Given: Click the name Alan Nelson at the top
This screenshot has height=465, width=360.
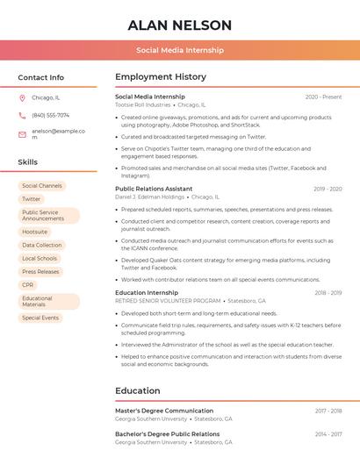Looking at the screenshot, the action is click(x=179, y=25).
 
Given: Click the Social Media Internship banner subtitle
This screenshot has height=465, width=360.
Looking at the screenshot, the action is click(x=179, y=50).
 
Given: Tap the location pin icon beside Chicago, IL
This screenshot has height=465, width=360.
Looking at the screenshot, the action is click(x=22, y=98).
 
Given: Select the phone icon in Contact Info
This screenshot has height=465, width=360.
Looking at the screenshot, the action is click(x=22, y=116).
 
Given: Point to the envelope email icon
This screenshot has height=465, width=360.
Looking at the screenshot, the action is click(x=22, y=134).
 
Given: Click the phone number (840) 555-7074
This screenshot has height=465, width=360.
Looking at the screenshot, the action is click(x=50, y=116).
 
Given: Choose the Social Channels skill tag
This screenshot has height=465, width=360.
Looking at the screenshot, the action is click(x=42, y=186).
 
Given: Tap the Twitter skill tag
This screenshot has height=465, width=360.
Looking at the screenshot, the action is click(x=31, y=199).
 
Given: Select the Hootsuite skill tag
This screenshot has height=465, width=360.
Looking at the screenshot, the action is click(x=35, y=232).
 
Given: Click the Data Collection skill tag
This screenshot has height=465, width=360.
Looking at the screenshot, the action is click(x=42, y=245).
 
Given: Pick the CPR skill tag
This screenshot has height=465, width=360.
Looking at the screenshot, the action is click(x=28, y=285).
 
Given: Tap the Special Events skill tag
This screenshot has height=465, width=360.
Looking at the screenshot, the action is click(x=40, y=318).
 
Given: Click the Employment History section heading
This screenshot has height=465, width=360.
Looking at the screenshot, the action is click(x=161, y=77).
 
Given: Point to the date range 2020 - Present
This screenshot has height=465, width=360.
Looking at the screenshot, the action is click(x=323, y=97).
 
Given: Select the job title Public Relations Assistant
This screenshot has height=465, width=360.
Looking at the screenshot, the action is click(x=154, y=189).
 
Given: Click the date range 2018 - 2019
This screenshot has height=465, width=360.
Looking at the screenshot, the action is click(x=328, y=293).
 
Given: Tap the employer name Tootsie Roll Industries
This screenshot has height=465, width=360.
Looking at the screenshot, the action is click(x=143, y=105).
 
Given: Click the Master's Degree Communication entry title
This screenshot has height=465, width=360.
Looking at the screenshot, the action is click(x=164, y=411).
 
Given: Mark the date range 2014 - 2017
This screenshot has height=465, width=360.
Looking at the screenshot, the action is click(x=328, y=434).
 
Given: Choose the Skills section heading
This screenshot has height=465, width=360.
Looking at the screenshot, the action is click(x=28, y=162).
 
